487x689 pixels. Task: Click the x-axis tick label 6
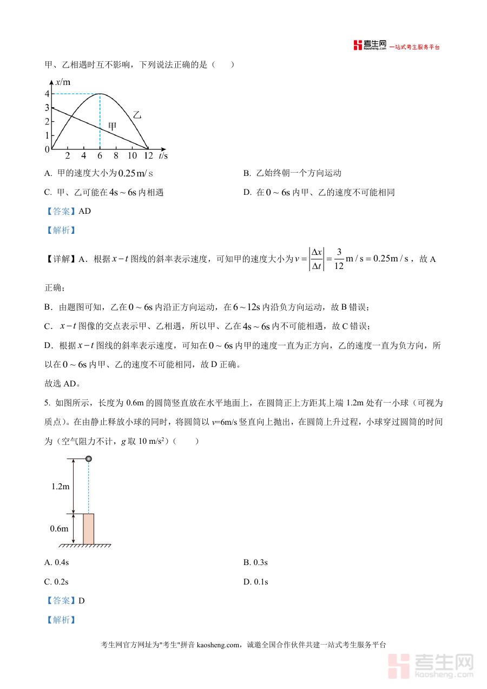coord(100,156)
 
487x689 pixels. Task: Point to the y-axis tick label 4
coord(47,94)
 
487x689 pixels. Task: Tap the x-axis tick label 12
coord(147,156)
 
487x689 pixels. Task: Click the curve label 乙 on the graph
coord(137,115)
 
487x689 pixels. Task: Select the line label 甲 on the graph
coord(112,126)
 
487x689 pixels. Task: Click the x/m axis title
coord(63,82)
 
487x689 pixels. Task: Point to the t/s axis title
coord(163,156)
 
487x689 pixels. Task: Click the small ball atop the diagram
coord(89,459)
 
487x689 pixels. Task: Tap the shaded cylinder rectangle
coord(88,529)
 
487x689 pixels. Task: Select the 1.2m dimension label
coord(61,486)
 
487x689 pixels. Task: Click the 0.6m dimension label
coord(60,528)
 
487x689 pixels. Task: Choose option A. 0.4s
coord(56,562)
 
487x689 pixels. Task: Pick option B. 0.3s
coord(255,562)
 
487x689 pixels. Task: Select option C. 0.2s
coord(56,582)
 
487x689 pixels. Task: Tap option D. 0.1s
coord(255,582)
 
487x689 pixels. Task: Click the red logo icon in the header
coord(358,45)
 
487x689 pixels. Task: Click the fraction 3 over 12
coord(339,259)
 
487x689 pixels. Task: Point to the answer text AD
coord(85,211)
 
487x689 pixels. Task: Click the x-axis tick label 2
coord(68,156)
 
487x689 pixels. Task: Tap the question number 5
coord(47,403)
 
